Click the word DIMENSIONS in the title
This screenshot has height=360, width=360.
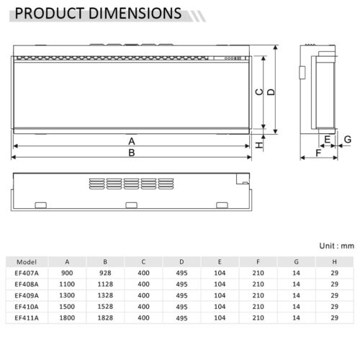135,13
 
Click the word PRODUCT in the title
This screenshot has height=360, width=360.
49,13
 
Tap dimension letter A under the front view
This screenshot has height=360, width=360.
132,141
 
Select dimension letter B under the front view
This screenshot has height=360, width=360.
132,153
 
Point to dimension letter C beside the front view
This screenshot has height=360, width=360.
259,92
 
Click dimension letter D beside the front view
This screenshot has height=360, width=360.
271,92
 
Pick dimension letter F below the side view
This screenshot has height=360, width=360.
318,153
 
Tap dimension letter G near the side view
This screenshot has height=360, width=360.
348,139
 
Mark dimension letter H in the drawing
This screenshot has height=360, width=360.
259,145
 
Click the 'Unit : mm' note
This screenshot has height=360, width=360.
336,246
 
